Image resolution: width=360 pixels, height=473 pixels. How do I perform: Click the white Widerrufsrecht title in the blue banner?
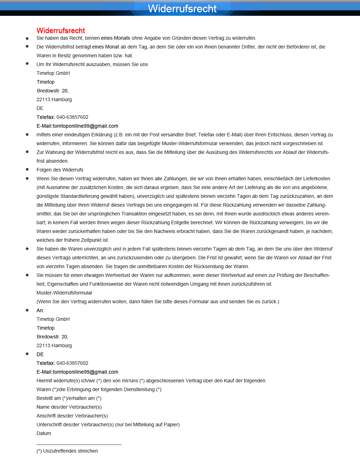(x=182, y=8)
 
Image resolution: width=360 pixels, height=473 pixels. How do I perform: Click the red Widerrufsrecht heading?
(x=61, y=31)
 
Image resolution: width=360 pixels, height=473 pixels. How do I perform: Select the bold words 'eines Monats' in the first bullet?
(x=115, y=38)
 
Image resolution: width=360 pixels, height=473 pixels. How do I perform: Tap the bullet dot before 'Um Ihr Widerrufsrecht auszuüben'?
(x=27, y=64)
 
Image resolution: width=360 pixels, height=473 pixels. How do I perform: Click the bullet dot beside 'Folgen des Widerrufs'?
(x=27, y=169)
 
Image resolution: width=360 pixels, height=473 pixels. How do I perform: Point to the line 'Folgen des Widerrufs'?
(x=60, y=170)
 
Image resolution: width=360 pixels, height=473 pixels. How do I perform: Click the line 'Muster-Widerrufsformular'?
(x=64, y=293)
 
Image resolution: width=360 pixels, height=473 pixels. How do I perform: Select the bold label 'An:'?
(x=40, y=310)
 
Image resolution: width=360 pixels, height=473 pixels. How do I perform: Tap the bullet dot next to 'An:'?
(x=27, y=310)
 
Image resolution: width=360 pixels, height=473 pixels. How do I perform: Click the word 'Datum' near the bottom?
(x=44, y=433)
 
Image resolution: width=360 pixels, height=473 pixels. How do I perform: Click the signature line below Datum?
(x=79, y=445)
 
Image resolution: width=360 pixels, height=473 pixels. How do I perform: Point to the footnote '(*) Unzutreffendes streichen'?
(x=67, y=451)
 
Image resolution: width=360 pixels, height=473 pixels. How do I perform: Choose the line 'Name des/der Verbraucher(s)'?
(x=69, y=407)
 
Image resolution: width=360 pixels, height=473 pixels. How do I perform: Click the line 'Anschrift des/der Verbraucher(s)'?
(x=72, y=416)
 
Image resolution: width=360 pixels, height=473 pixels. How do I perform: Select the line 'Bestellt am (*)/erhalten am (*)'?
(x=69, y=398)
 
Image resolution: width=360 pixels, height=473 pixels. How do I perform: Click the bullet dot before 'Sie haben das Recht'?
(x=27, y=38)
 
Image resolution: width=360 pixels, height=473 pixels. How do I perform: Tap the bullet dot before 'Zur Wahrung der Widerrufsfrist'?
(x=27, y=152)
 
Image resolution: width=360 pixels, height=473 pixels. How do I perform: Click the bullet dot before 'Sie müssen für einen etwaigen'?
(x=27, y=275)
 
